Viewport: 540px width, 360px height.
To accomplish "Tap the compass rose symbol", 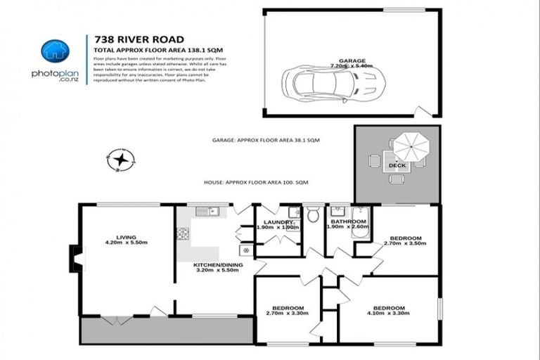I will pyautogui.click(x=120, y=160).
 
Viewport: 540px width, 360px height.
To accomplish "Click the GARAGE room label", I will pyautogui.click(x=351, y=61).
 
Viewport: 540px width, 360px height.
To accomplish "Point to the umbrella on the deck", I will pyautogui.click(x=410, y=148).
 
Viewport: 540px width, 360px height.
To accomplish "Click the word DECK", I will pyautogui.click(x=397, y=166).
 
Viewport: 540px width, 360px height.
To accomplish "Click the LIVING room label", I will pyautogui.click(x=127, y=237).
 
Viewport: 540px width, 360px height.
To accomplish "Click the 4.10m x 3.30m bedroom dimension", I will pyautogui.click(x=388, y=314).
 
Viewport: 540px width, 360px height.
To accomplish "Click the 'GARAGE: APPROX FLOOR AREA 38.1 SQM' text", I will pyautogui.click(x=266, y=141).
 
